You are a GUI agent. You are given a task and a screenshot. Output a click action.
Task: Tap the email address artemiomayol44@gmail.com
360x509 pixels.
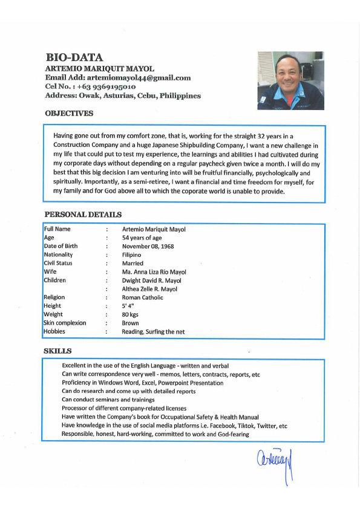point(139,77)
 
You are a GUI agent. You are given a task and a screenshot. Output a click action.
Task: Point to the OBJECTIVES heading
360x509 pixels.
point(69,113)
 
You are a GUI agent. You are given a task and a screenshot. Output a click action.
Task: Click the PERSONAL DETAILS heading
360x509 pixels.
point(83,215)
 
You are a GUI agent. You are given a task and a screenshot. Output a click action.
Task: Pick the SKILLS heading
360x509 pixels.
point(57,351)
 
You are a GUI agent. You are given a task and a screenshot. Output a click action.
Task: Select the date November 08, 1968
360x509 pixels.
point(148,246)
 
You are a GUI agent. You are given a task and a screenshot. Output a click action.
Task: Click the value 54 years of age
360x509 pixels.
point(142,238)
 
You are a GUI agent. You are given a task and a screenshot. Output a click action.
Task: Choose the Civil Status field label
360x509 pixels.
point(58,263)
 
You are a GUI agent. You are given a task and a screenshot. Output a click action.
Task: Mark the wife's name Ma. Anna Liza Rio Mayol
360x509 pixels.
point(154,272)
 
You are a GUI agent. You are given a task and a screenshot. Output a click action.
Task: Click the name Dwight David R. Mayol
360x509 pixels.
point(151,280)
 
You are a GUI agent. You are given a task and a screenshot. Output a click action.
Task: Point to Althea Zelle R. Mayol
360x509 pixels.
point(149,289)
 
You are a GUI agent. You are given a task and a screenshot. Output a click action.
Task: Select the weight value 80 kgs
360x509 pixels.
point(130,314)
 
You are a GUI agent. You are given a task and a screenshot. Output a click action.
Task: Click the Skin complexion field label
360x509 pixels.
point(65,323)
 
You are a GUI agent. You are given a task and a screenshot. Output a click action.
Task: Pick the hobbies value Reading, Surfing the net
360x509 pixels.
point(153,331)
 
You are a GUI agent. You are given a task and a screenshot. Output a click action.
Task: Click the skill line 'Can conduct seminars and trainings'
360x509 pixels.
point(108,400)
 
